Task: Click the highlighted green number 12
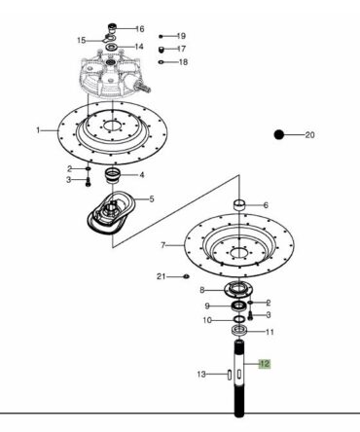(265, 364)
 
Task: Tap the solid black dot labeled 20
(279, 134)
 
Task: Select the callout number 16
(140, 29)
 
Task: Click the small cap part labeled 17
(161, 50)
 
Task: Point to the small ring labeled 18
(161, 62)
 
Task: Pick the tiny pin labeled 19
(161, 36)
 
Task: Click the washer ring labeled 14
(112, 48)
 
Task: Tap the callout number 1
(38, 130)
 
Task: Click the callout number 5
(152, 198)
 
